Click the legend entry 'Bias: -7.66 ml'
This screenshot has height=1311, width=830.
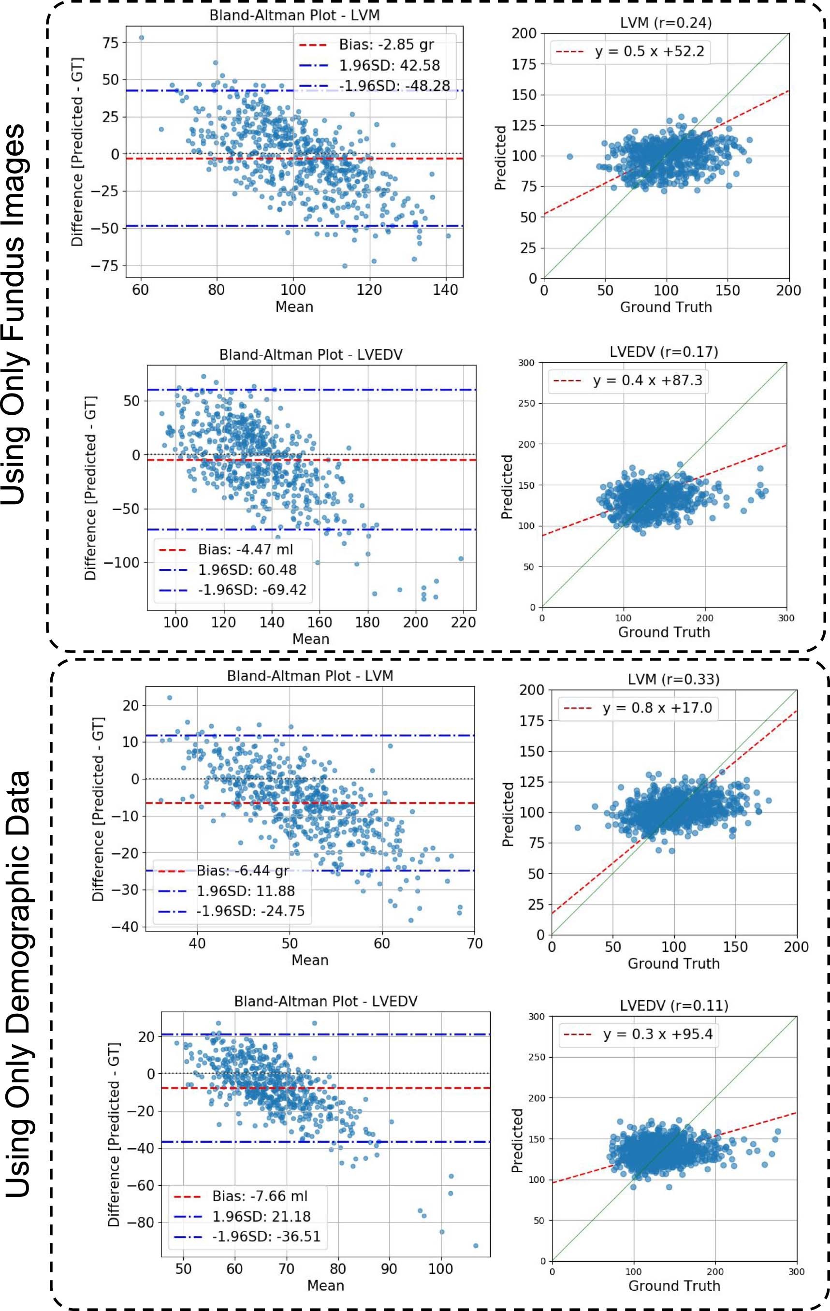(259, 1196)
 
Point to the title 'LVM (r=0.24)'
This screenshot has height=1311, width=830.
(666, 22)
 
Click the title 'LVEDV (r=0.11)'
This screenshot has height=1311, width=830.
(674, 1005)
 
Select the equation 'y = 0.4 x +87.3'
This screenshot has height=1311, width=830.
(647, 380)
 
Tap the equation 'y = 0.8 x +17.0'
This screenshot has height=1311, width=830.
(657, 708)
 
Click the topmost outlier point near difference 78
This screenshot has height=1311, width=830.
(142, 38)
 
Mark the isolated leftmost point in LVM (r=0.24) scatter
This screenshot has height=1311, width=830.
(570, 157)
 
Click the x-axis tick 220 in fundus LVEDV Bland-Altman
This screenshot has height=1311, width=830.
(463, 622)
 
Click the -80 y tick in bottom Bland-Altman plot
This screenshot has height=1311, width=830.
(140, 1222)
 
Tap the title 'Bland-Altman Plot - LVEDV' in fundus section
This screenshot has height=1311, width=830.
(311, 355)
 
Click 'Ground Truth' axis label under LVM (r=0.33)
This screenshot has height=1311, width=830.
(673, 963)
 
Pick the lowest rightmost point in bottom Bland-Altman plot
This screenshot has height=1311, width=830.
(476, 1246)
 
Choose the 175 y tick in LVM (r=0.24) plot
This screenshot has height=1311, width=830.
(524, 64)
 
